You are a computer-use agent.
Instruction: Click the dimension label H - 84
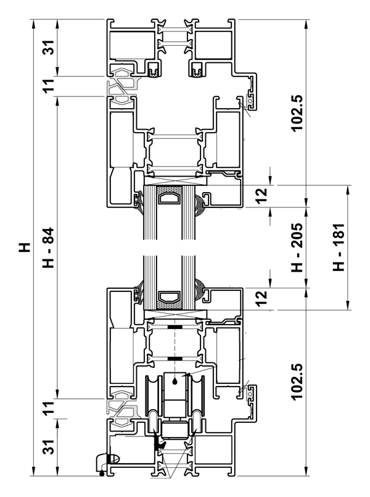[x=49, y=248]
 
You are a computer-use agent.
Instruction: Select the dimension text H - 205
[x=297, y=248]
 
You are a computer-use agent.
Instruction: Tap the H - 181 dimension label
[x=339, y=247]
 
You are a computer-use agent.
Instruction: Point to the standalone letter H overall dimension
[x=25, y=247]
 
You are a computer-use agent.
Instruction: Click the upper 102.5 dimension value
[x=297, y=113]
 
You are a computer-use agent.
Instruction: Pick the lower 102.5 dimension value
[x=297, y=382]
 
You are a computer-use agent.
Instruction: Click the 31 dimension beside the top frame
[x=49, y=47]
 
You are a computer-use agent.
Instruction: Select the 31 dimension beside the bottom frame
[x=49, y=447]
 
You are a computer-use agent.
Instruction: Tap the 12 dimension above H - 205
[x=261, y=196]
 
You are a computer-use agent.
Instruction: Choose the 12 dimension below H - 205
[x=261, y=299]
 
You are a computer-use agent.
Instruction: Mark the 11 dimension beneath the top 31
[x=49, y=86]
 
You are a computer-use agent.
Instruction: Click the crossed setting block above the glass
[x=175, y=181]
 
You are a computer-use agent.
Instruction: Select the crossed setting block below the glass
[x=175, y=314]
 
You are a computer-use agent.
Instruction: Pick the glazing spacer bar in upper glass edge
[x=170, y=198]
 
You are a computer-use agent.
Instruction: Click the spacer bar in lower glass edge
[x=170, y=297]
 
